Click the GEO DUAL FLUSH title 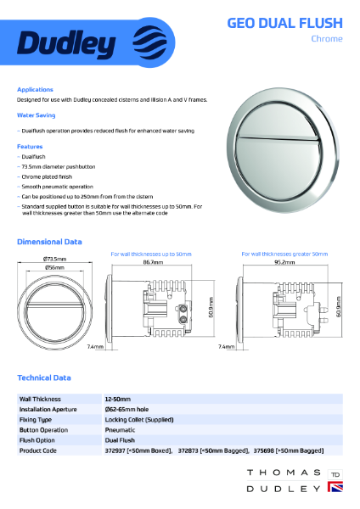point(284,23)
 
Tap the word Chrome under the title point(326,39)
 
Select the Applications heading point(35,89)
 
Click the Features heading point(30,146)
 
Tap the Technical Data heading point(44,378)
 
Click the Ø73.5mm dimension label point(55,258)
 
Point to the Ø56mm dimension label point(55,267)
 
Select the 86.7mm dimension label point(154,263)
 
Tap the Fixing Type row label point(35,419)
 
